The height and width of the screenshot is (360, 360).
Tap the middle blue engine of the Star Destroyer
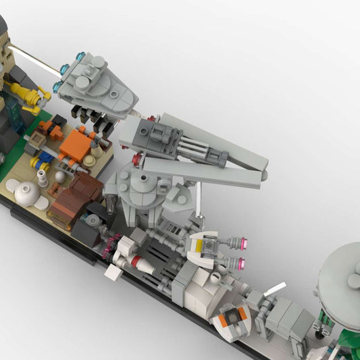[x=66, y=69]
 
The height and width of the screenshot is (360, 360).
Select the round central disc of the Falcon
[x=146, y=183]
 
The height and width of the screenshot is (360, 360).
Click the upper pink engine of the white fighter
[x=238, y=242]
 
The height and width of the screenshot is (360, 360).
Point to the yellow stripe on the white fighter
[x=203, y=247]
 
